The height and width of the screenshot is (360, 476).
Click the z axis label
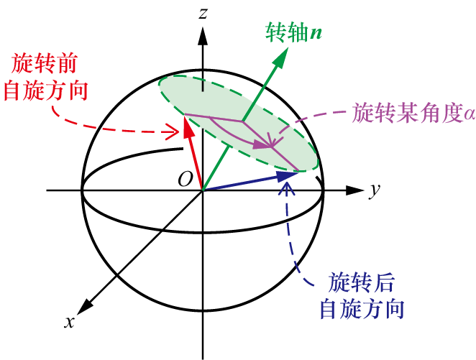click(x=205, y=12)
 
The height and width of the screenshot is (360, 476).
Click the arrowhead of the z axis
click(x=204, y=32)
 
